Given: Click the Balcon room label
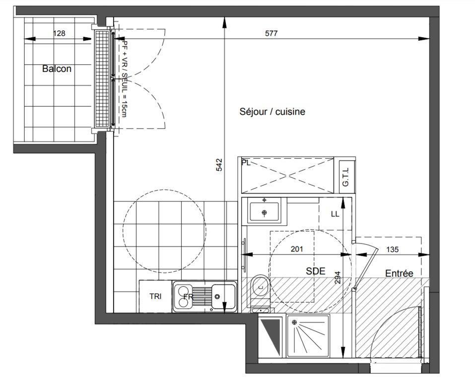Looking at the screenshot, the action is coord(57,69).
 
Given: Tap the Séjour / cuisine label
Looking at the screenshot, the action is coord(272,112).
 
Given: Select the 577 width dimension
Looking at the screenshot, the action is coord(271,33).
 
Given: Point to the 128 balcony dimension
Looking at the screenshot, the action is coord(59,33).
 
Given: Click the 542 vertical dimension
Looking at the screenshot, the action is coord(219,165).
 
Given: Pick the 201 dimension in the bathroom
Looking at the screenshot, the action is coord(297,249).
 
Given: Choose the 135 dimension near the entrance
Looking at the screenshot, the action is coord(392,250).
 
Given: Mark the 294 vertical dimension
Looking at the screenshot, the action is coord(338,277).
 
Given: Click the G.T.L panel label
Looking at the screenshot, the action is coord(345,177).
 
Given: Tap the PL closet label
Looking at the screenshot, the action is coord(246,163).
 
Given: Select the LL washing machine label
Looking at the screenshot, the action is coord(335,214).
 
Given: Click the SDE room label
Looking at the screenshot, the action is coord(315,271).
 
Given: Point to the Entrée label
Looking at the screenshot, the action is coord(399,273).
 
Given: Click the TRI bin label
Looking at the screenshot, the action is coord(155,297).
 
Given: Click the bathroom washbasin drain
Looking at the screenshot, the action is coord(265,212).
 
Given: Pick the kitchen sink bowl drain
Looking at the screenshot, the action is coord(217,297).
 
